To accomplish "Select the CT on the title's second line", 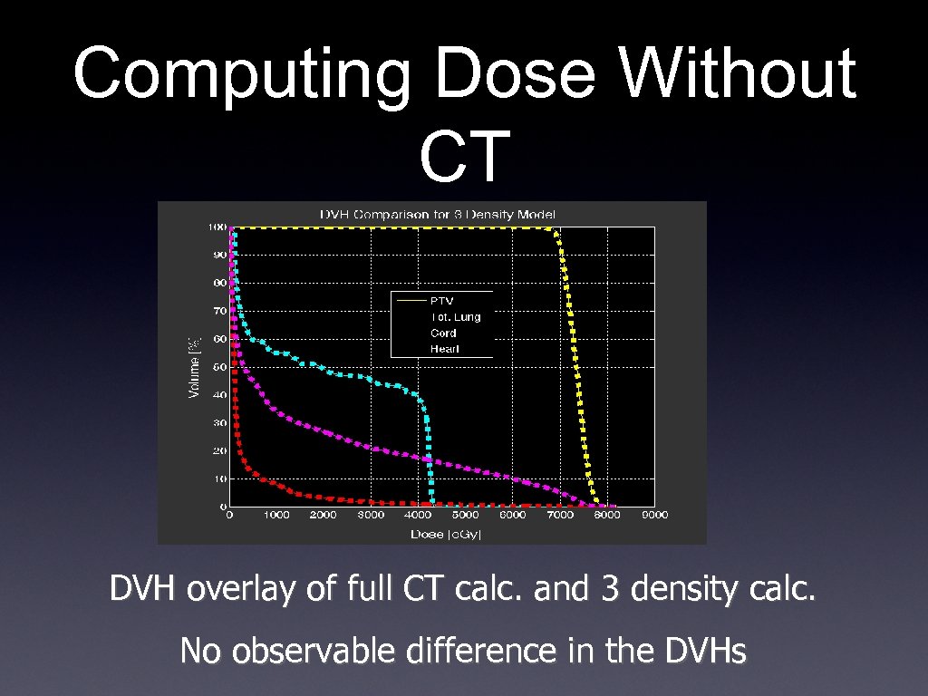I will click(464, 156).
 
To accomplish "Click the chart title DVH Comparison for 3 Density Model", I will click(438, 214).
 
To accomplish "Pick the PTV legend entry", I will click(441, 301).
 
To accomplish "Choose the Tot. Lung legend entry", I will click(455, 317).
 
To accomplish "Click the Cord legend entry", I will click(443, 333).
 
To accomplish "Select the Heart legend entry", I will click(444, 349).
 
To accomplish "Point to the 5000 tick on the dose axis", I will click(465, 516).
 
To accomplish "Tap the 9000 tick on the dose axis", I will click(654, 516).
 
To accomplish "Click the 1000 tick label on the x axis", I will click(276, 516).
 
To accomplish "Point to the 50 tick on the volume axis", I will click(219, 367).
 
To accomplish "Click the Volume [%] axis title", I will click(193, 367).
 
